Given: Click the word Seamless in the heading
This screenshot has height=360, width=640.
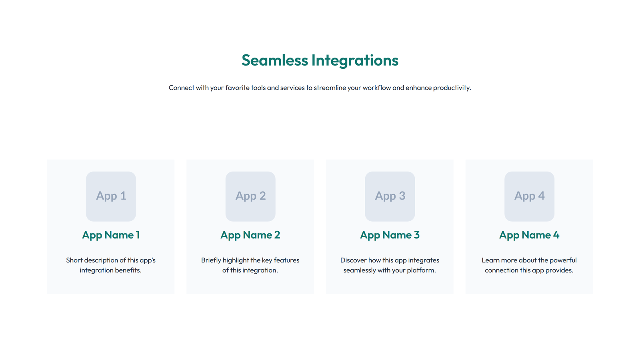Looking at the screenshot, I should tap(274, 60).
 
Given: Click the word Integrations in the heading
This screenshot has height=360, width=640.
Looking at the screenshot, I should tap(355, 60).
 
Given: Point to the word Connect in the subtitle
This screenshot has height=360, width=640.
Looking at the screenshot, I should tap(181, 88).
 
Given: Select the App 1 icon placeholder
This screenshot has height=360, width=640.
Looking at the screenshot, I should tap(111, 196).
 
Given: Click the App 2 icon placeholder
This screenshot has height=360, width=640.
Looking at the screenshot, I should tap(250, 196).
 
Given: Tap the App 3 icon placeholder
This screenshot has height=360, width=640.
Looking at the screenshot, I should tap(390, 196).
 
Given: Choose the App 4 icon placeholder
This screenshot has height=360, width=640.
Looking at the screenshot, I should tap(529, 196).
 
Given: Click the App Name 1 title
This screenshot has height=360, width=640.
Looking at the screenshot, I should tap(111, 235).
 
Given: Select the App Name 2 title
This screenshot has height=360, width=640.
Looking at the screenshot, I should tap(250, 235).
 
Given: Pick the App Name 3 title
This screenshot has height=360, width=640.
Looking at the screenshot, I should tap(390, 235).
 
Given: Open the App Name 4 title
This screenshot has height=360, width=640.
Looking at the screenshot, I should tap(529, 235).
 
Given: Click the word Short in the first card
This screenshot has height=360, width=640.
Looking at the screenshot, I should tap(74, 260).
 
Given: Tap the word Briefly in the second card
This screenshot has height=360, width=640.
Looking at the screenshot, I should tap(211, 260).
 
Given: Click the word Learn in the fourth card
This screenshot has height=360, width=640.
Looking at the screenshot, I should tap(490, 260).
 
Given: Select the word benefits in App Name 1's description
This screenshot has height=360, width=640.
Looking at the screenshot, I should tap(129, 270).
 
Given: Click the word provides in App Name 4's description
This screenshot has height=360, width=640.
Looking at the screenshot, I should tap(560, 270).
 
